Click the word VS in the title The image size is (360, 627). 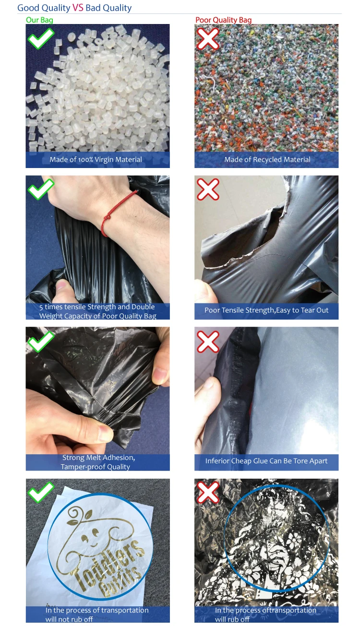78,8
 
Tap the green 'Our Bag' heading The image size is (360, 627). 39,20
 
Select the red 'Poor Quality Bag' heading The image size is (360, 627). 223,20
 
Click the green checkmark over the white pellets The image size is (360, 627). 41,38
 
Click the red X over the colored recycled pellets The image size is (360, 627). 208,38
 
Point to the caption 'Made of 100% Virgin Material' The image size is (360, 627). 96,159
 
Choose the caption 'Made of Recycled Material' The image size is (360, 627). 267,159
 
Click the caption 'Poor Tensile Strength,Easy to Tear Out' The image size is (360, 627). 266,310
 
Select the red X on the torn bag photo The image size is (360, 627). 208,190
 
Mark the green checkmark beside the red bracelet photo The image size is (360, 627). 41,189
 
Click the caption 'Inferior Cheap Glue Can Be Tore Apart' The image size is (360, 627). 266,461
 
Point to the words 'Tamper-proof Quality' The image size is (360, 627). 96,467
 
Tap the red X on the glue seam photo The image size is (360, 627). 208,341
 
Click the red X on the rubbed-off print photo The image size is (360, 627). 208,492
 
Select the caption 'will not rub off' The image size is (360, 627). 70,619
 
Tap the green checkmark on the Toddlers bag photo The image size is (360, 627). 41,492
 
